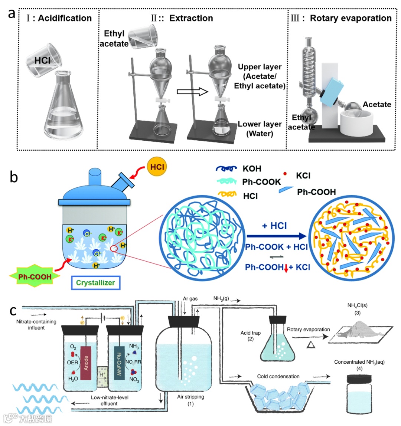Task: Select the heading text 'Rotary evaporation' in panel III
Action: pos(351,18)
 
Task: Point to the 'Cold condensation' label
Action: pos(278,376)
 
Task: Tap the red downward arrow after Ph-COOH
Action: pos(286,268)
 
